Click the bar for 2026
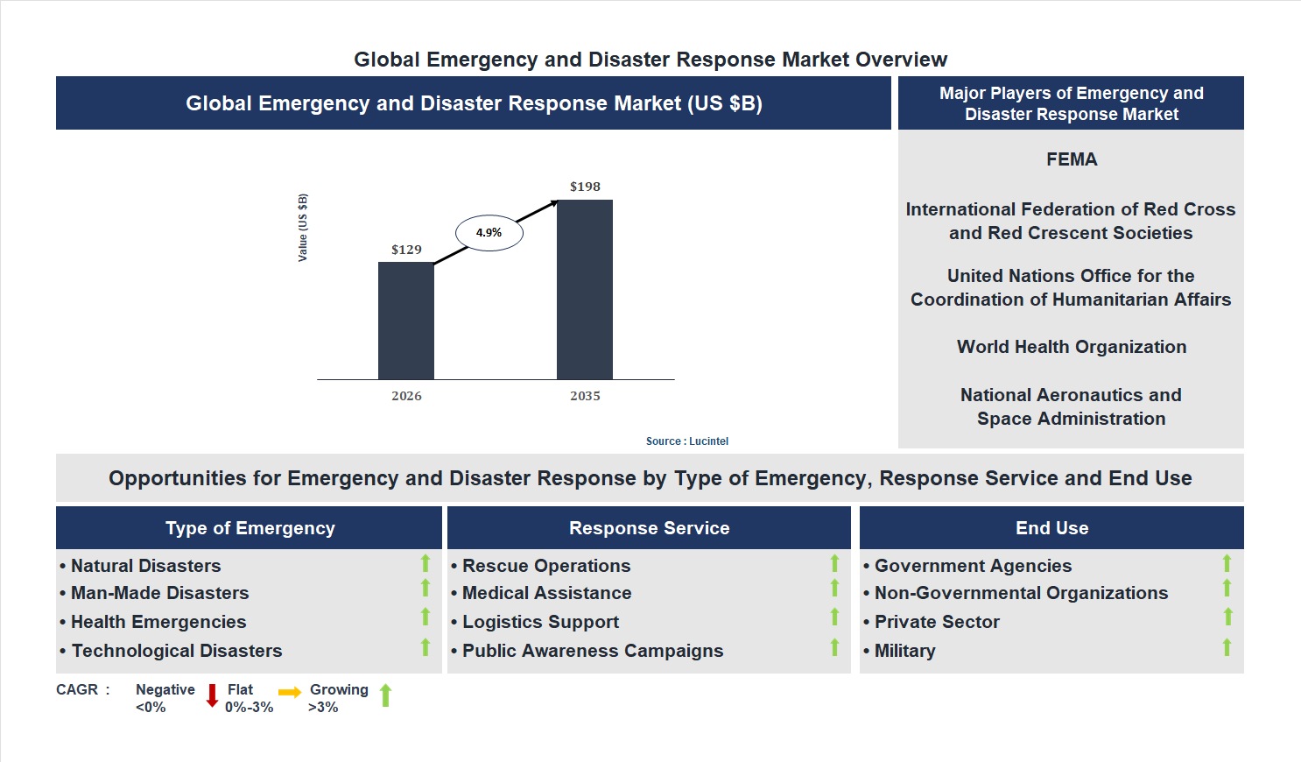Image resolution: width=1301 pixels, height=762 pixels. (x=405, y=321)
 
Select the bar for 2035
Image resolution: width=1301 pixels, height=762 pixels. (x=584, y=290)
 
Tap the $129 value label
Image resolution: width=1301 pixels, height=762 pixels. (x=406, y=250)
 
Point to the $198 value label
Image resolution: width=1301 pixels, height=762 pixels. (x=585, y=187)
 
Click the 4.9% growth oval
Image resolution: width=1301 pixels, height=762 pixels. (x=489, y=233)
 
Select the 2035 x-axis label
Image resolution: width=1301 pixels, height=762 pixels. (x=585, y=396)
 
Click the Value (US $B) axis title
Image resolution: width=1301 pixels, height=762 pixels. (x=303, y=228)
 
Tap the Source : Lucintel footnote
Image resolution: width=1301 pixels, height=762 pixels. (x=686, y=441)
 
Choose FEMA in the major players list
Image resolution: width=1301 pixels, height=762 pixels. (x=1071, y=159)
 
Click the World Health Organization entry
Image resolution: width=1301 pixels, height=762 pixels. (x=1071, y=347)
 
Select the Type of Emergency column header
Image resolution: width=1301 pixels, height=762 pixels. (x=250, y=528)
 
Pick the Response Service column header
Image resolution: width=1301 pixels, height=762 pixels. (x=649, y=528)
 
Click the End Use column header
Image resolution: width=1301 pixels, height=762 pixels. (x=1051, y=528)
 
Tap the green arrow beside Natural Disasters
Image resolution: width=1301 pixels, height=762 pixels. (x=425, y=563)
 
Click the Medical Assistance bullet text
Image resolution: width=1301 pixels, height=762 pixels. (x=546, y=593)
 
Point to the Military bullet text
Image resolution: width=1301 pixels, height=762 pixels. (x=904, y=651)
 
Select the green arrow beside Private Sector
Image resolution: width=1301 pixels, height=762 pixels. (x=1227, y=617)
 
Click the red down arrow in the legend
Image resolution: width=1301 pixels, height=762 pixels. (x=212, y=696)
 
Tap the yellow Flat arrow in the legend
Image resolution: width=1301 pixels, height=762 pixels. (x=290, y=693)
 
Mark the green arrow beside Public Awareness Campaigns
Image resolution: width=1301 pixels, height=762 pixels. (x=834, y=647)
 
